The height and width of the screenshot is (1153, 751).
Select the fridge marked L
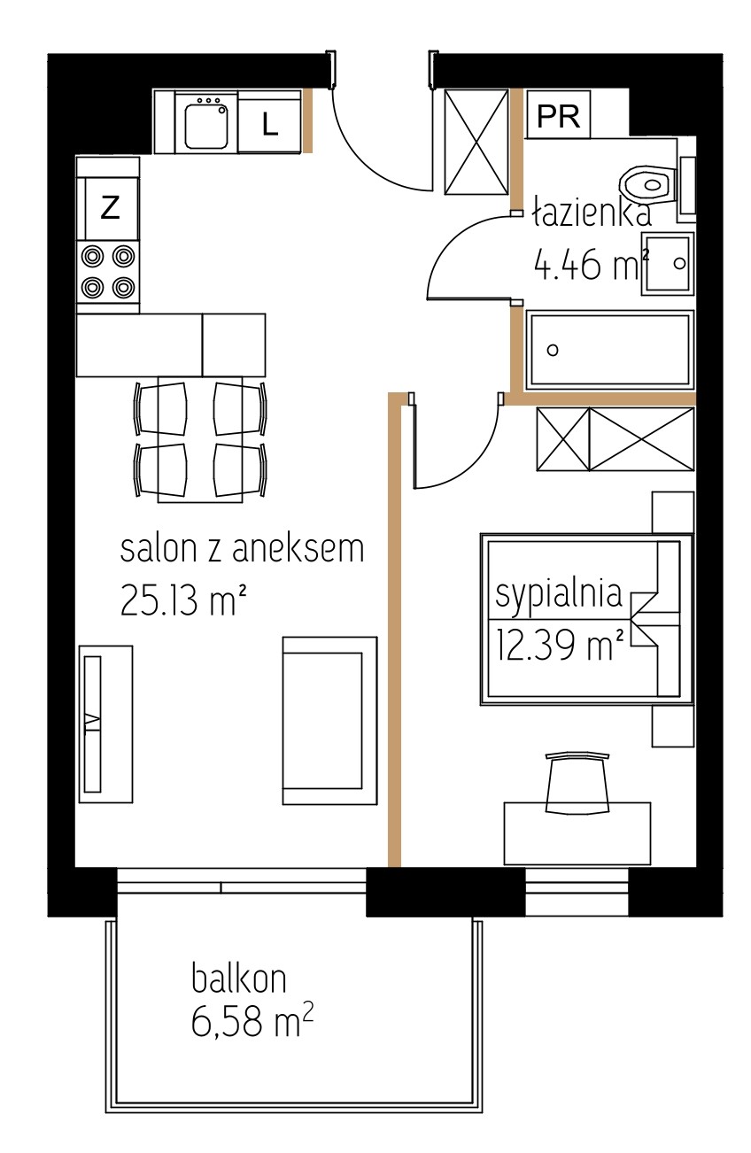point(268,121)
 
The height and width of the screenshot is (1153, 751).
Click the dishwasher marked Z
point(108,207)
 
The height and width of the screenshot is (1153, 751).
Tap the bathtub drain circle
point(553,350)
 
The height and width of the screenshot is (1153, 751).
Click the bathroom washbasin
point(667,264)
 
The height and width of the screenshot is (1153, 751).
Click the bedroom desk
point(577,832)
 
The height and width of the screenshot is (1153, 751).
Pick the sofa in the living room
point(329,720)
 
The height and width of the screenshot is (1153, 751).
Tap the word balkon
point(238,978)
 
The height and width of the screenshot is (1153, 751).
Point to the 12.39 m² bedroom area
point(560,645)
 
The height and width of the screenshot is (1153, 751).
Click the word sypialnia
point(558,594)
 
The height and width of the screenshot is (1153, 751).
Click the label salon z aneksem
point(242,548)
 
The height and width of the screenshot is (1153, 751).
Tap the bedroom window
point(577,892)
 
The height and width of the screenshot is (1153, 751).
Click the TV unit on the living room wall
point(105,724)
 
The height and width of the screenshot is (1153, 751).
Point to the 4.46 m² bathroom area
point(592,266)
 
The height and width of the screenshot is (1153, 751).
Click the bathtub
point(609,350)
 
